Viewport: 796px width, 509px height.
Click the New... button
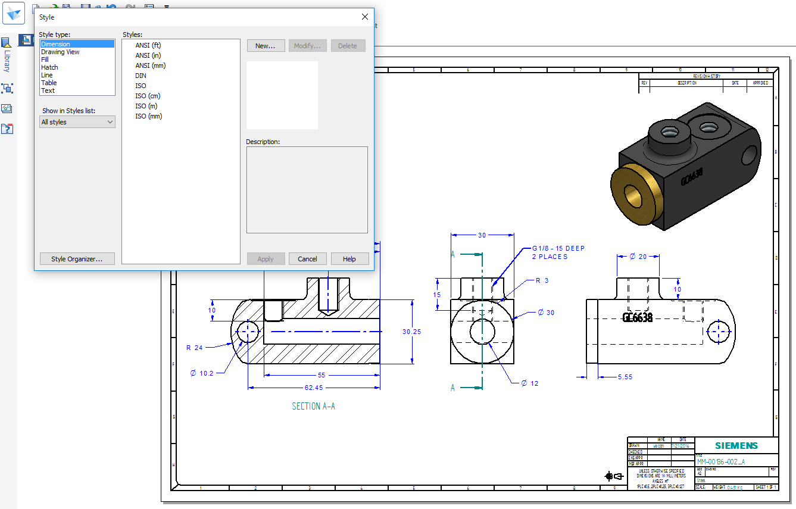(265, 46)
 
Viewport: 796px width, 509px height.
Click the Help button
(349, 259)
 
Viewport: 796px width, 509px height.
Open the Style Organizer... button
(77, 259)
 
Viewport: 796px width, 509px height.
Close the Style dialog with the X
(365, 17)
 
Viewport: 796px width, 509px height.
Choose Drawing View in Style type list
(60, 52)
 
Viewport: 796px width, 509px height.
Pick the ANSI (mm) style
(150, 65)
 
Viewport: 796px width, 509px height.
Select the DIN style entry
(141, 76)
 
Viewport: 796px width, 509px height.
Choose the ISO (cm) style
(148, 96)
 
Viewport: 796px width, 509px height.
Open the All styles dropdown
(77, 122)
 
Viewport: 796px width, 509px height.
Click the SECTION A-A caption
(313, 407)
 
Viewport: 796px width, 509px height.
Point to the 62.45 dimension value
(313, 388)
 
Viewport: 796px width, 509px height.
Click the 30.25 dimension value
(411, 332)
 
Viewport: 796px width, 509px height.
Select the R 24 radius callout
(194, 348)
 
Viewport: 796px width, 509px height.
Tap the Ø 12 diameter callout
(529, 383)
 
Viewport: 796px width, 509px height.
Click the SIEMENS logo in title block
(736, 446)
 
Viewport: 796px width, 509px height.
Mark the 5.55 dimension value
(625, 377)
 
